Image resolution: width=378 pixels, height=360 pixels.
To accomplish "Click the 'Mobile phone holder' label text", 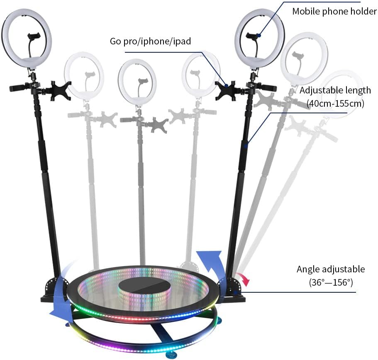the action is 334,11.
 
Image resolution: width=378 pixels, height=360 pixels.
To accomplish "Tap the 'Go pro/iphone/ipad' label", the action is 151,41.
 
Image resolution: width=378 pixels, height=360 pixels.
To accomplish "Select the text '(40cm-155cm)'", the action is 335,103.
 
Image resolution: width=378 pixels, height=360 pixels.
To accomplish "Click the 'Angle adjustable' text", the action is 331,269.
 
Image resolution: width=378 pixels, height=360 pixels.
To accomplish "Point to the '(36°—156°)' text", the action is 331,282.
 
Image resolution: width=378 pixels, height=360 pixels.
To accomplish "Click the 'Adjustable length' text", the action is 335,90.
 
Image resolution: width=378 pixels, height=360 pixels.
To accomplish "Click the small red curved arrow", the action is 244,279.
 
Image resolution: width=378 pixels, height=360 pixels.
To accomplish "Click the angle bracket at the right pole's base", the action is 232,287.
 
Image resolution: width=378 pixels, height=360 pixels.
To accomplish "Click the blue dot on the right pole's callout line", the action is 246,146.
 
